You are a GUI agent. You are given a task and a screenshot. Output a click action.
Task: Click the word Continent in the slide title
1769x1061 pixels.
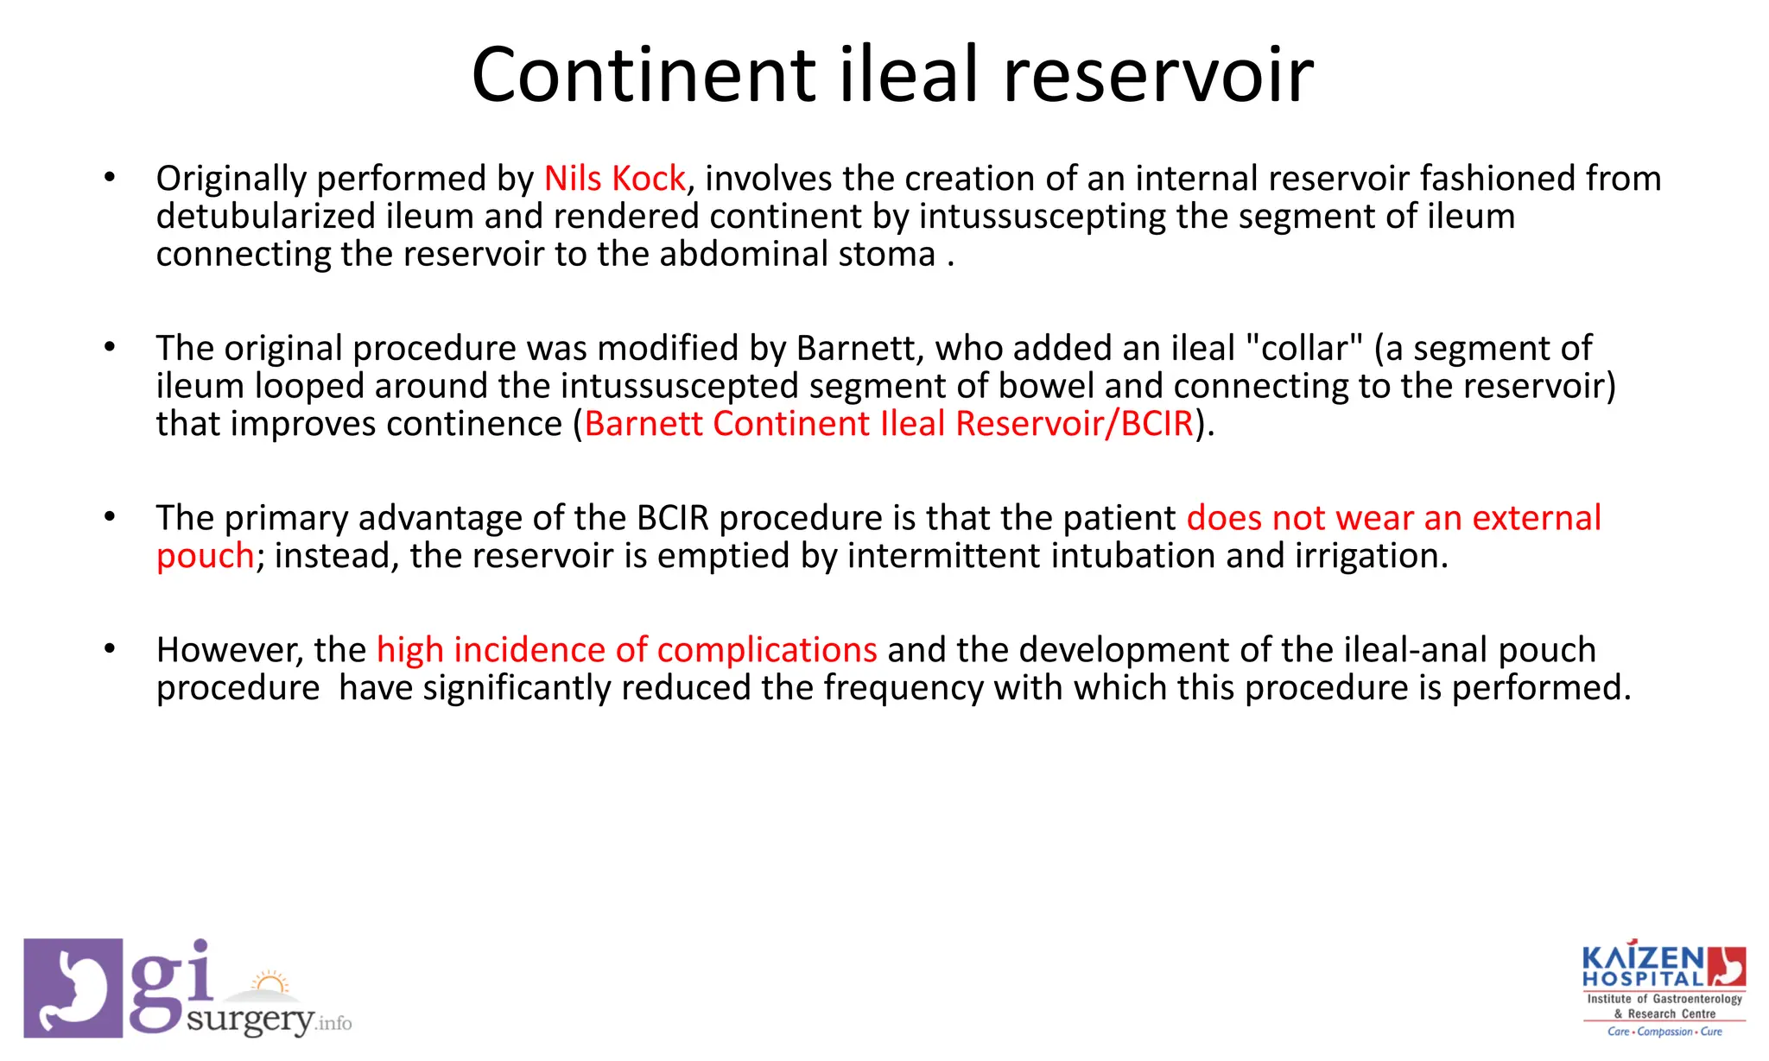tap(644, 75)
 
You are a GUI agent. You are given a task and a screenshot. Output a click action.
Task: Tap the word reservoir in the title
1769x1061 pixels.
tap(1157, 75)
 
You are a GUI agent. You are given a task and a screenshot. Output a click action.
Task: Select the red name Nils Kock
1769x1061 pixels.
tap(614, 179)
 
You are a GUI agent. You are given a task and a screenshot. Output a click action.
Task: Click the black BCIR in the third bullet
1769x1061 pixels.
tap(672, 518)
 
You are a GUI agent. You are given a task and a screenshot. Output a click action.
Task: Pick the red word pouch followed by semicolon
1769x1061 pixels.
tap(205, 556)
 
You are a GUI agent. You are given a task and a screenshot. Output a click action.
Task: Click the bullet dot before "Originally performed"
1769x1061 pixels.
tap(109, 178)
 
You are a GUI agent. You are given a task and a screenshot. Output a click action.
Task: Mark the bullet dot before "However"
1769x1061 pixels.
tap(109, 649)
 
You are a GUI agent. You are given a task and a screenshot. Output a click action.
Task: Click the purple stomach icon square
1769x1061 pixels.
tap(73, 988)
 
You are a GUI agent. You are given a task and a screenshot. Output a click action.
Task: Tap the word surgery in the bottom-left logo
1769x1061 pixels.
tap(250, 1020)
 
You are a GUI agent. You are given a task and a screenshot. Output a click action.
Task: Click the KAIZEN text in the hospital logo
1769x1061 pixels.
tap(1642, 959)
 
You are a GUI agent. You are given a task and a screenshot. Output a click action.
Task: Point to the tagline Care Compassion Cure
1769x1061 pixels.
tap(1664, 1032)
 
